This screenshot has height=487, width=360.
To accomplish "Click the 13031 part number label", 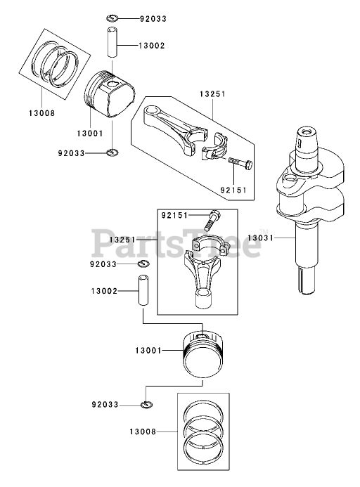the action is click(260, 238).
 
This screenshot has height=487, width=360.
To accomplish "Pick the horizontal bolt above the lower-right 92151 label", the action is click(240, 163).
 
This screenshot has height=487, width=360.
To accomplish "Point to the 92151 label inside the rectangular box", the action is click(174, 215).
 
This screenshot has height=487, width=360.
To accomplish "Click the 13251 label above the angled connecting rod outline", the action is click(212, 94).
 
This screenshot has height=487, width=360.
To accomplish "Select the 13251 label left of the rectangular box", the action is click(122, 240).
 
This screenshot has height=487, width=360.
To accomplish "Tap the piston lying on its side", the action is click(110, 95).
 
